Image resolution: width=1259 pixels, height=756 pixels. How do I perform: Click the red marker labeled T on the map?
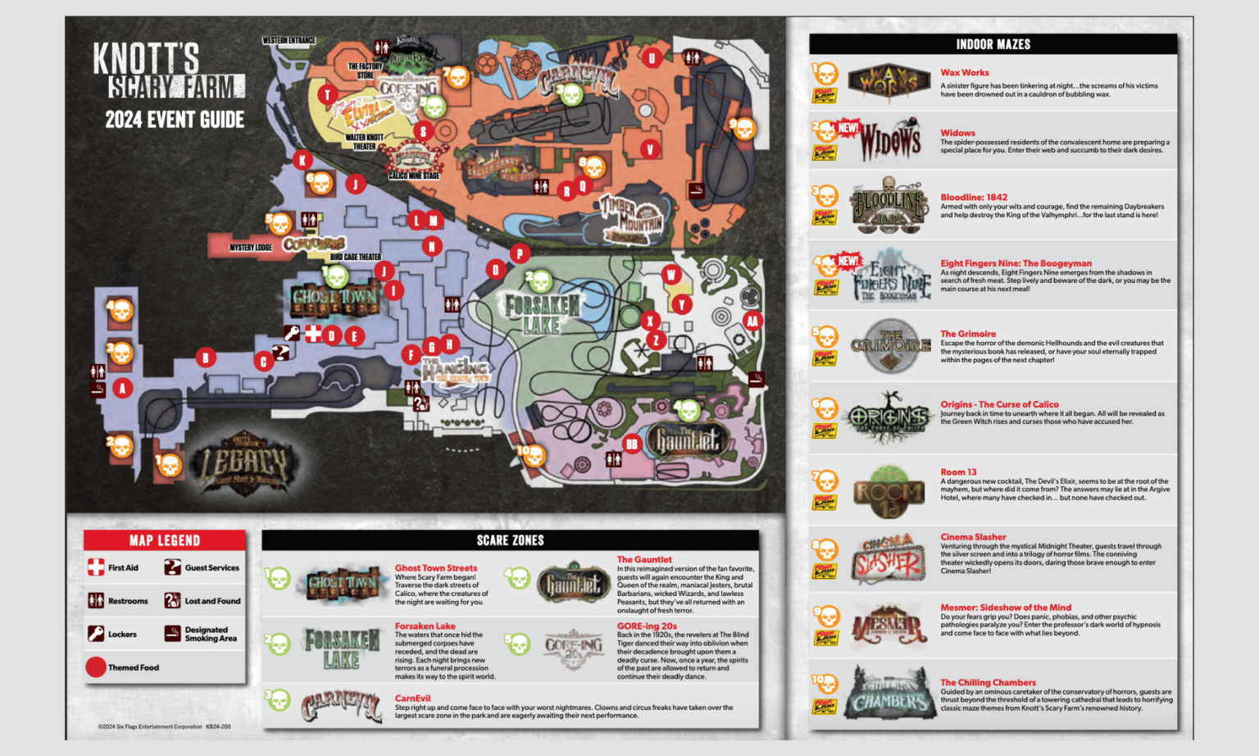327,94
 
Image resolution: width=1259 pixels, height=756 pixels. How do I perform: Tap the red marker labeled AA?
752,321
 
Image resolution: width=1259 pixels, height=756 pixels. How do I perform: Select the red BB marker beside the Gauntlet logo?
631,444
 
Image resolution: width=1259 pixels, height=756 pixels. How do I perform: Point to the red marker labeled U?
652,57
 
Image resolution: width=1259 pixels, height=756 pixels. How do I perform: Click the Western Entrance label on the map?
289,40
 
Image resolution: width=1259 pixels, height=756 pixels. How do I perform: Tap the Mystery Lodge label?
250,247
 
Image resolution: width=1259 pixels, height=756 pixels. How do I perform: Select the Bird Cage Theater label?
355,257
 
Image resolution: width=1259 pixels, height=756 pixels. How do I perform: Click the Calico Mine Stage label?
414,175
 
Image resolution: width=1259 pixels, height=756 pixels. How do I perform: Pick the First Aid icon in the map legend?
96,567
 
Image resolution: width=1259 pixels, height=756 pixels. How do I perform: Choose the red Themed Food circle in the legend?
96,667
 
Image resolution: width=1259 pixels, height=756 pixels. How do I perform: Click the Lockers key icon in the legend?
96,634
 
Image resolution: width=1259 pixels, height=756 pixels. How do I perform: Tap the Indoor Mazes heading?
993,44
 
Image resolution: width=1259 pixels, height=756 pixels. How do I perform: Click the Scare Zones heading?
510,540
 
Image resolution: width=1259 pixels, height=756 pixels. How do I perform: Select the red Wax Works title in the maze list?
964,72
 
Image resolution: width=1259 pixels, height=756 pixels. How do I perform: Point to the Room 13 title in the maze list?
958,471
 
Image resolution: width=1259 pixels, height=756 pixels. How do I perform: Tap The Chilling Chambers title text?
988,682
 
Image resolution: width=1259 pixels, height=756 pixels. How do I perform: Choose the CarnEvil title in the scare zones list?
412,698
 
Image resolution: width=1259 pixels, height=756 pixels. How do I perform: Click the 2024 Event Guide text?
175,120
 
